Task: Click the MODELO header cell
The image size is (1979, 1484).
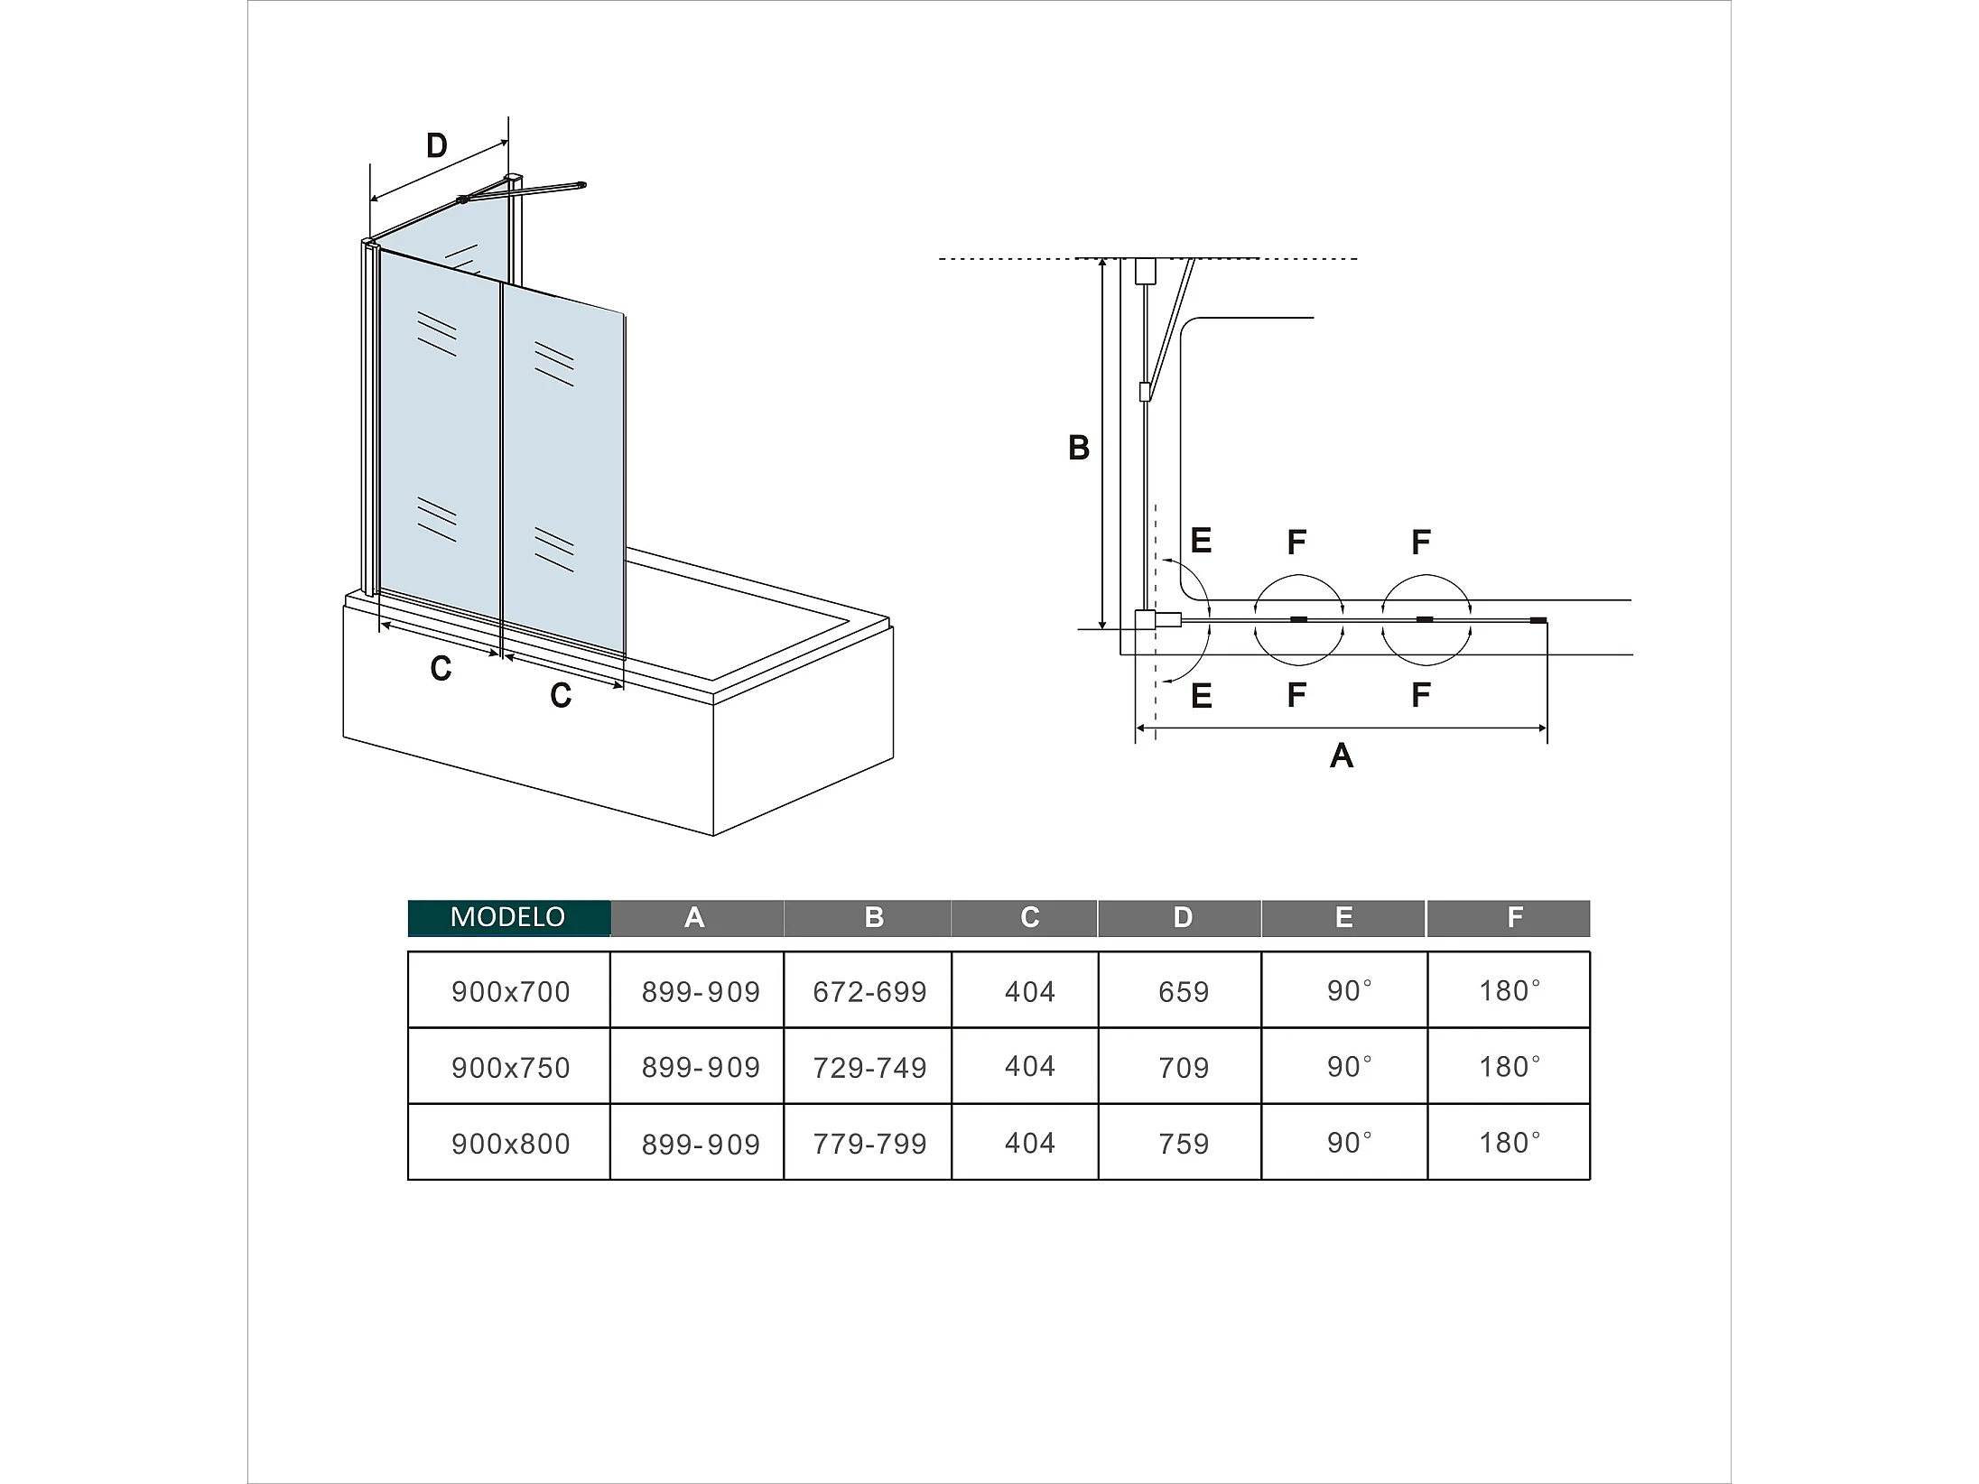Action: point(508,917)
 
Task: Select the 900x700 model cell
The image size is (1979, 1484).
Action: point(510,991)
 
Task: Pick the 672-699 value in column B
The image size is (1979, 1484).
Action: point(869,991)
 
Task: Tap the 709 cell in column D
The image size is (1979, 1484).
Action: point(1183,1067)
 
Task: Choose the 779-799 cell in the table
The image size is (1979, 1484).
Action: point(869,1143)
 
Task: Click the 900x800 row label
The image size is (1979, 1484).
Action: point(510,1143)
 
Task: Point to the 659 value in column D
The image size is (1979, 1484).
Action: point(1183,991)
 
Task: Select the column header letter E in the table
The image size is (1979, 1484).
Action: point(1343,917)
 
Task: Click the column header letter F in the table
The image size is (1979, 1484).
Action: point(1515,917)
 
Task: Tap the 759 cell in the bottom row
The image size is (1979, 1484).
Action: point(1183,1143)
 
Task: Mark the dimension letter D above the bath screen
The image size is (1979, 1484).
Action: point(436,145)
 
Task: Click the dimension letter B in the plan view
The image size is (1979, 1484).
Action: point(1079,448)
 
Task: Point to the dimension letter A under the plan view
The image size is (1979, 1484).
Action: point(1342,756)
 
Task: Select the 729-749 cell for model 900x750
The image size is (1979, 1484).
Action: point(869,1067)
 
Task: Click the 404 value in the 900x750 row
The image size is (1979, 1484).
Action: point(1029,1066)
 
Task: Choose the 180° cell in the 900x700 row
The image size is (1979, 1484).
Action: point(1509,990)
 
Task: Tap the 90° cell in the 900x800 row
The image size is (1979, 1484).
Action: point(1349,1142)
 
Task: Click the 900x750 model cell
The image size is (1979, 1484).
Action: point(510,1067)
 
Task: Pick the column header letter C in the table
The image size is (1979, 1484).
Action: point(1030,917)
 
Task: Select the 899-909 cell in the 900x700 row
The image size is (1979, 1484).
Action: point(701,991)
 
